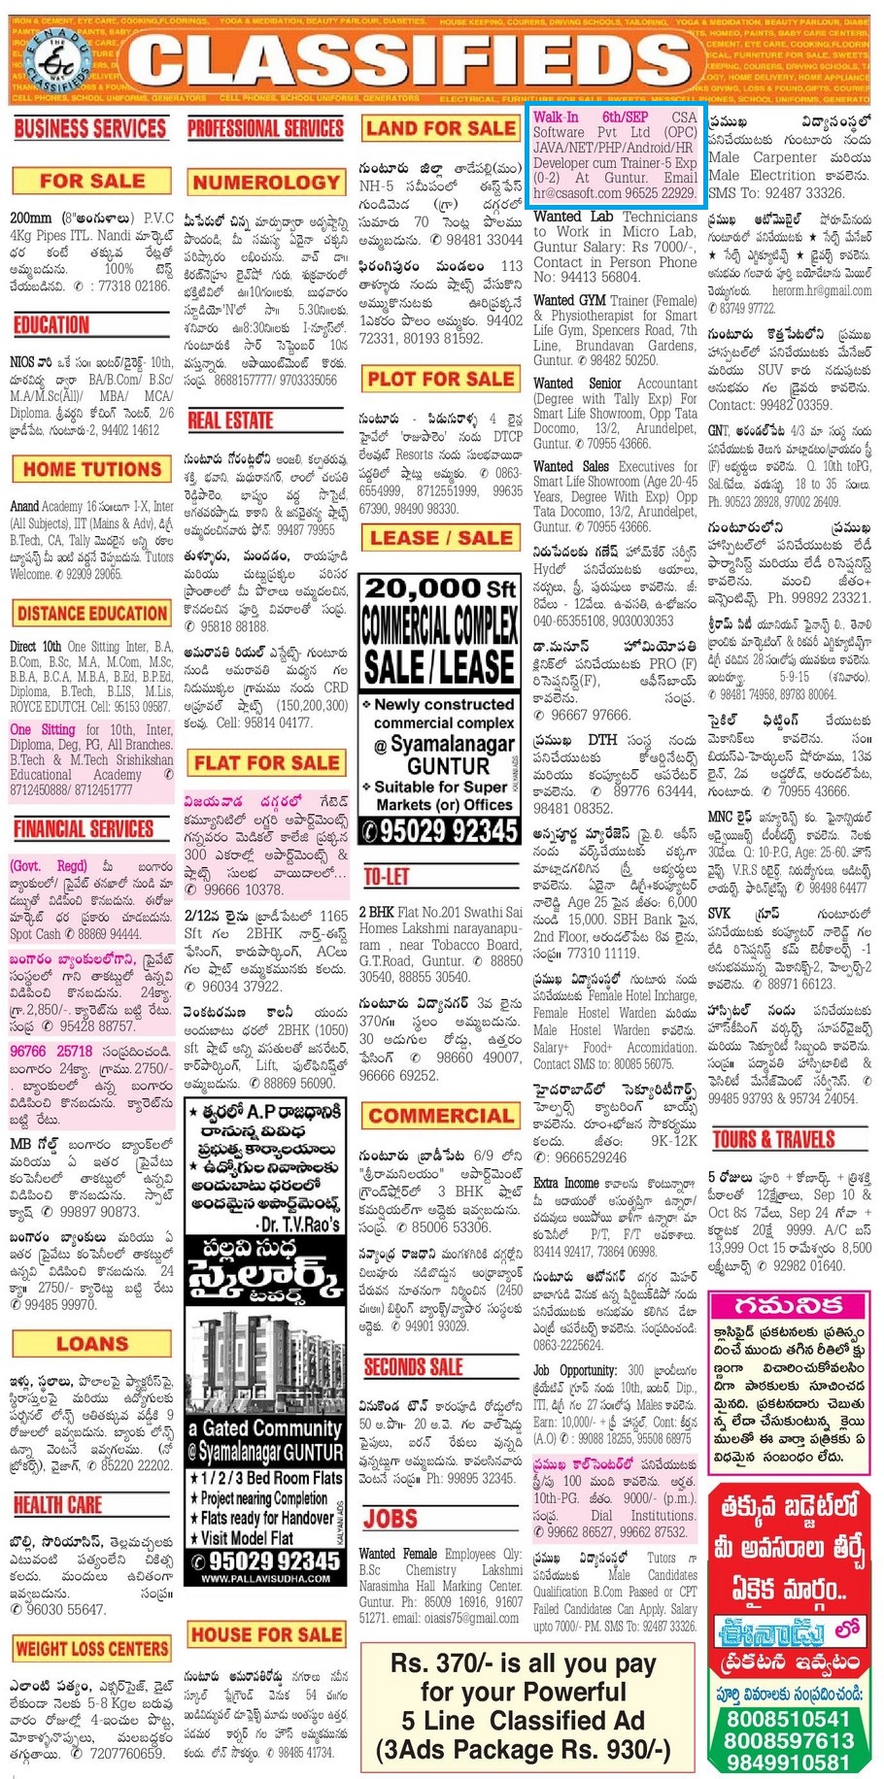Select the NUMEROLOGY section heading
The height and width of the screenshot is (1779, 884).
(265, 182)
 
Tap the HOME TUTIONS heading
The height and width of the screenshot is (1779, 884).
(92, 469)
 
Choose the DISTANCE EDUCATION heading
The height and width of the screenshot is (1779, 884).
(92, 613)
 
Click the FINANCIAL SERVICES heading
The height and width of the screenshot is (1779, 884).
(84, 827)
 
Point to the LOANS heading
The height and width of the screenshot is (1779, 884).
(92, 1344)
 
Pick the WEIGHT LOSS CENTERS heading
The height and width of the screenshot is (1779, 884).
(92, 1648)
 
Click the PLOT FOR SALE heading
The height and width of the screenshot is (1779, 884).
(440, 378)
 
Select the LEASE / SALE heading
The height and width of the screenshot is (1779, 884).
(440, 537)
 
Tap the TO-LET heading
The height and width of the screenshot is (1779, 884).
(386, 876)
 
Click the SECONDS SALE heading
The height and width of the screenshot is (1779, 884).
(413, 1367)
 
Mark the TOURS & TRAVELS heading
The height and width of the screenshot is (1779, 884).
(773, 1139)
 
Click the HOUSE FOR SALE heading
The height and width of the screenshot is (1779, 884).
(265, 1634)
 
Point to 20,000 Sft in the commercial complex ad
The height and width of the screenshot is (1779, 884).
(440, 588)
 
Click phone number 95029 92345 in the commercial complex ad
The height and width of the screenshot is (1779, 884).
(448, 830)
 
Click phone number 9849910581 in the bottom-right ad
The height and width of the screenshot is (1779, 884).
(788, 1762)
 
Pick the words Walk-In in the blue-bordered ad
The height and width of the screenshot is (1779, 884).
(556, 117)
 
